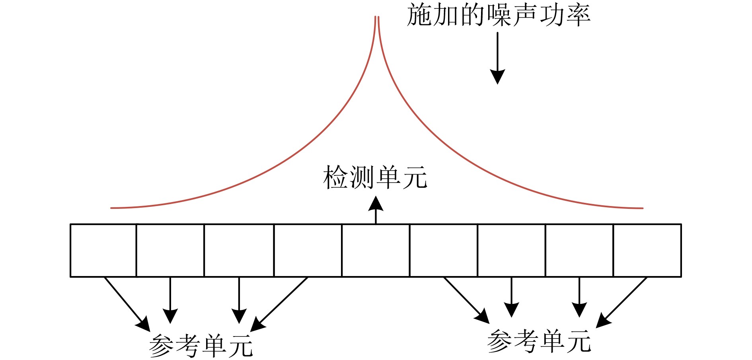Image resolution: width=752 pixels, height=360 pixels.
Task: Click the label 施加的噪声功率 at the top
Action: pyautogui.click(x=498, y=15)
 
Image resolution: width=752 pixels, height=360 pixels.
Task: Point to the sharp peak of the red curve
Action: pyautogui.click(x=376, y=18)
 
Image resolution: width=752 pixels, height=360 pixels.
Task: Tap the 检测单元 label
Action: pyautogui.click(x=375, y=177)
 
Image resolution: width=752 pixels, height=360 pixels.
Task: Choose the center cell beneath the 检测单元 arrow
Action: pyautogui.click(x=376, y=250)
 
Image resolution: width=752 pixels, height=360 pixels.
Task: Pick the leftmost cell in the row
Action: pyautogui.click(x=103, y=250)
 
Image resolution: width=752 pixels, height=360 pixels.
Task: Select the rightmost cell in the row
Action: pyautogui.click(x=647, y=250)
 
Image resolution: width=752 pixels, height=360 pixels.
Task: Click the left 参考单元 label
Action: pyautogui.click(x=201, y=345)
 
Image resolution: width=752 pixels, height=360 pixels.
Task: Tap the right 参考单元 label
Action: pyautogui.click(x=539, y=341)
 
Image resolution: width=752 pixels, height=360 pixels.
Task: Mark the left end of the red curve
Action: pyautogui.click(x=112, y=208)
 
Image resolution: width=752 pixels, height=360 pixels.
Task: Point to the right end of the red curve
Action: pyautogui.click(x=642, y=208)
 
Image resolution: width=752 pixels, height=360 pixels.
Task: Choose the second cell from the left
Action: pyautogui.click(x=170, y=250)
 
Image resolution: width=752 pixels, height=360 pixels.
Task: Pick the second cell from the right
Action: pyautogui.click(x=579, y=250)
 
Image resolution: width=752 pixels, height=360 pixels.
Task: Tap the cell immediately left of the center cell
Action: pyautogui.click(x=308, y=250)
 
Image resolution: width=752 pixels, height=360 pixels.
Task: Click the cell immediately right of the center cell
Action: pyautogui.click(x=444, y=250)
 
